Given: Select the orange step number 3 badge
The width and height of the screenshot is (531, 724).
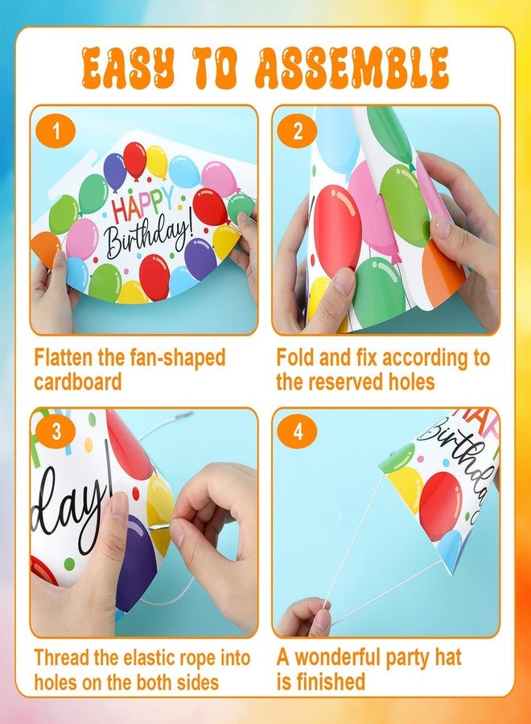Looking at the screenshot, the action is pos(56,432).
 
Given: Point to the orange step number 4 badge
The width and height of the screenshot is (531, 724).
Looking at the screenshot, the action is pos(298,432).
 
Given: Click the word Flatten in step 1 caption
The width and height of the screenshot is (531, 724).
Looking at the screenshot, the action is pos(64,357).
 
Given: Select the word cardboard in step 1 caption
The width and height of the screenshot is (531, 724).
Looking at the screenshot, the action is pos(77,382).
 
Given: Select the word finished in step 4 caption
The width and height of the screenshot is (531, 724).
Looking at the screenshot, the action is pos(331,681).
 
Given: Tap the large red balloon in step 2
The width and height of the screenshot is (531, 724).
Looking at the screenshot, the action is pos(337,230).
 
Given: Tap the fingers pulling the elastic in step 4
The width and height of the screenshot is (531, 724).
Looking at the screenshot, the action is pos(304,617).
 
